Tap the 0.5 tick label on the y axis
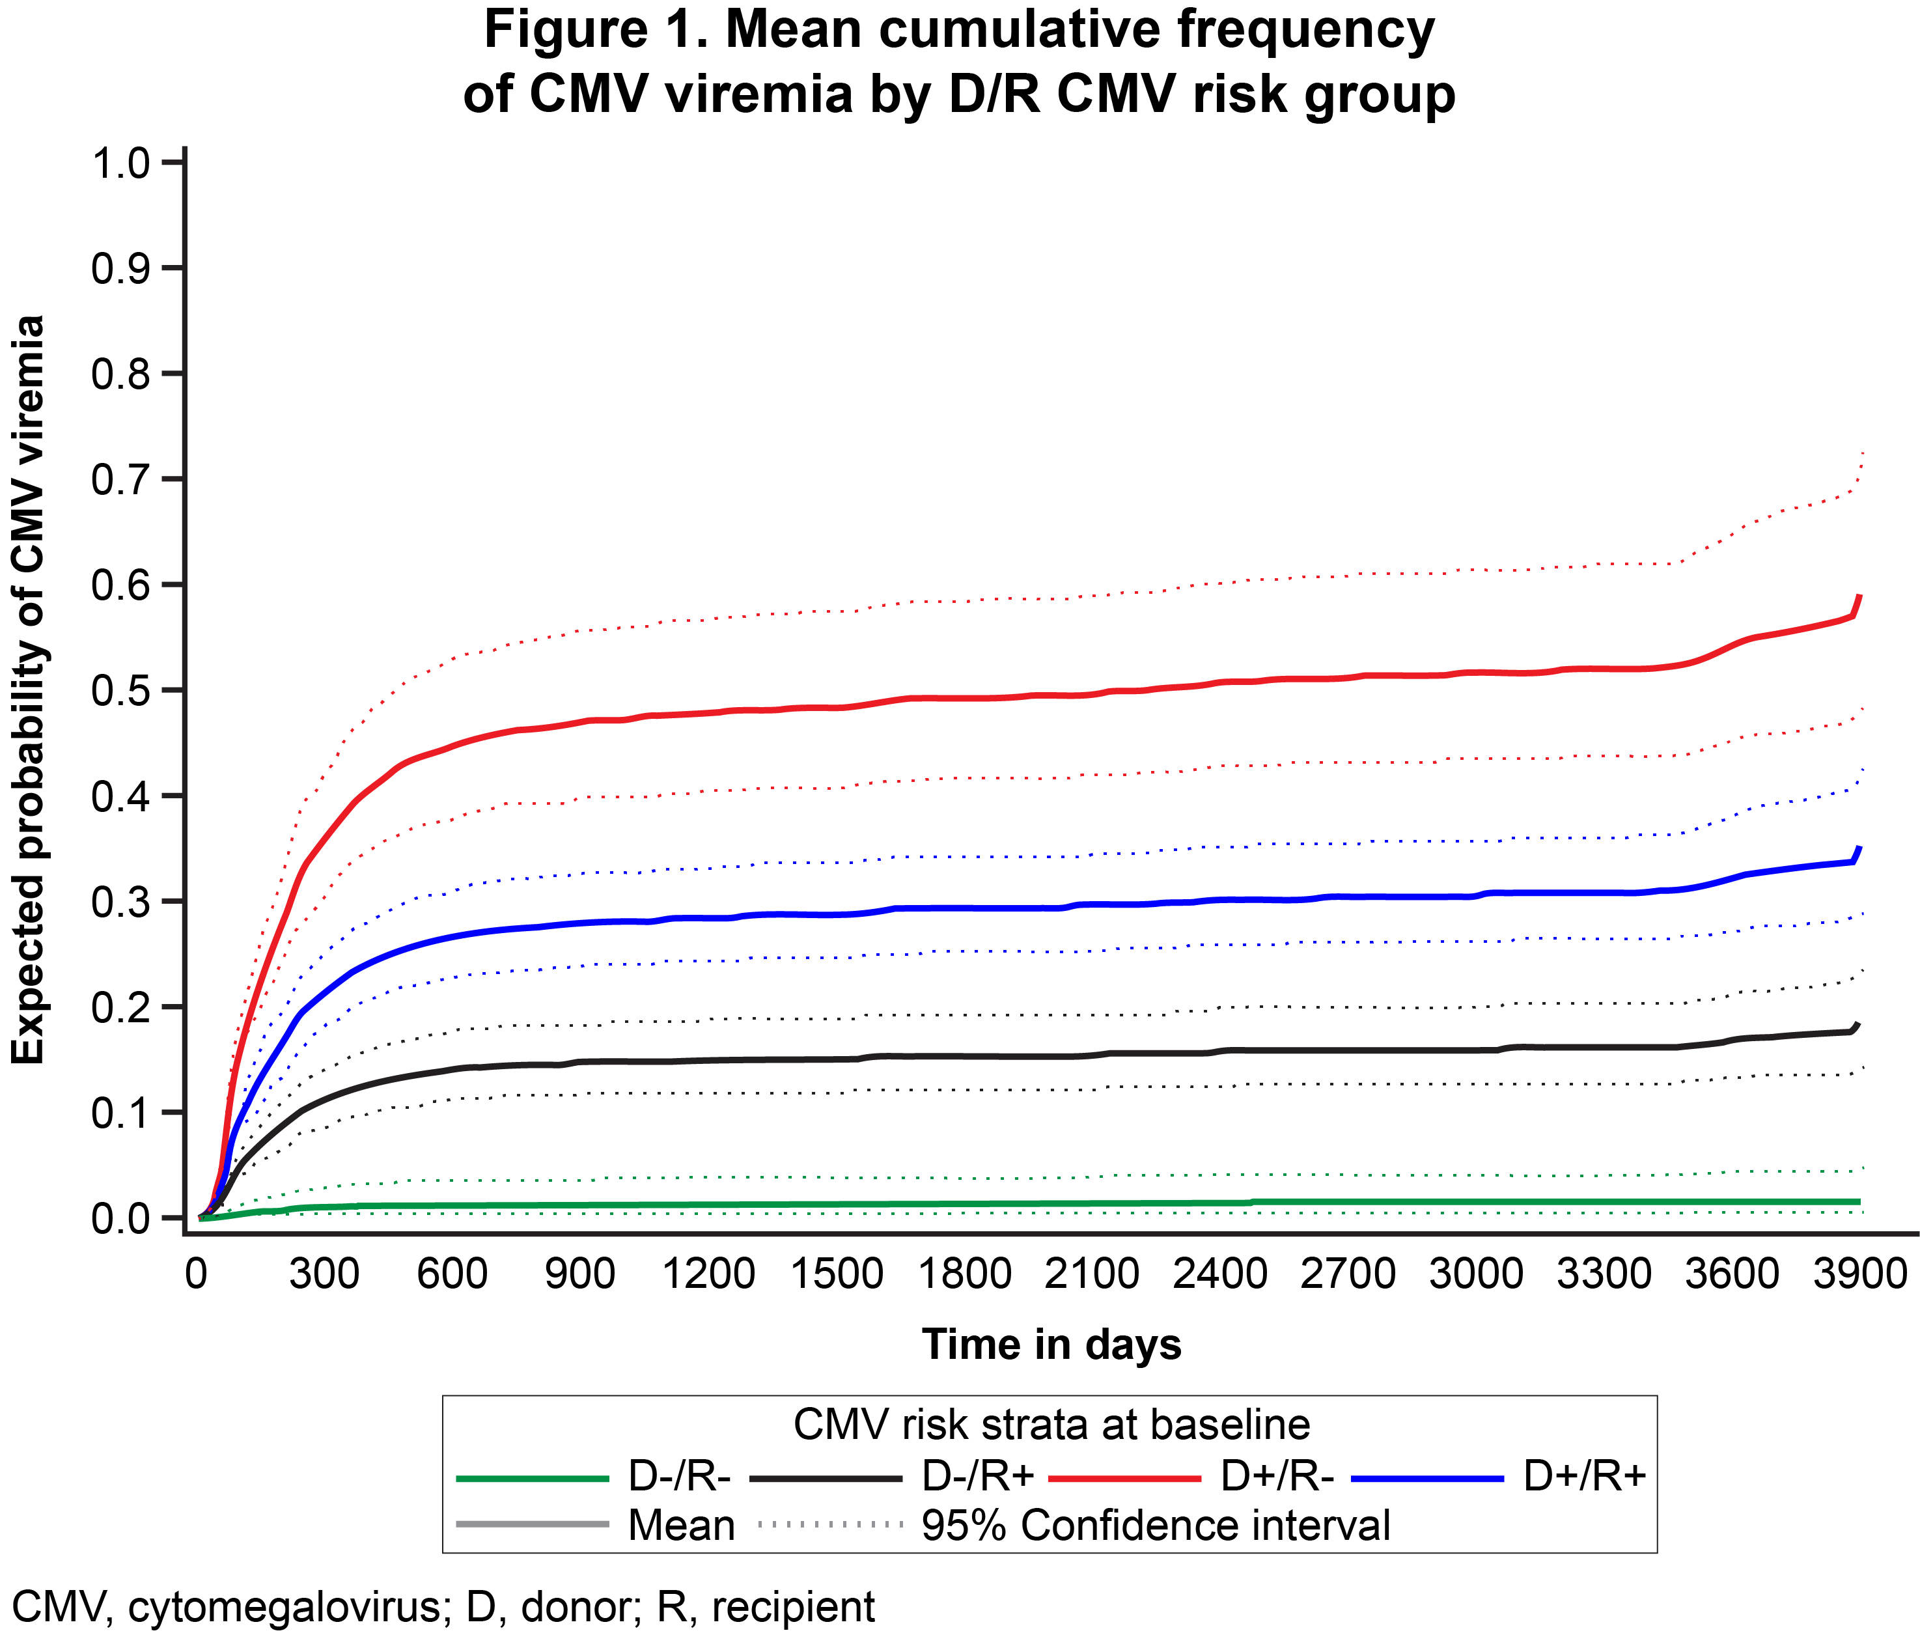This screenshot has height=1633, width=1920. pyautogui.click(x=120, y=691)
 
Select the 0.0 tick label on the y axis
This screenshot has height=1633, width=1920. pyautogui.click(x=120, y=1218)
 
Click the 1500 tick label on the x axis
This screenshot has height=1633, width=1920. pyautogui.click(x=836, y=1274)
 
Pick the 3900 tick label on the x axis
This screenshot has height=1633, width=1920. pyautogui.click(x=1859, y=1274)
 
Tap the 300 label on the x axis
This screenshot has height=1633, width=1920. pyautogui.click(x=324, y=1274)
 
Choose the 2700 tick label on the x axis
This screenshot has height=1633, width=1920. pyautogui.click(x=1348, y=1274)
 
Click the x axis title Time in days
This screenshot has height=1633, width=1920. pyautogui.click(x=1051, y=1344)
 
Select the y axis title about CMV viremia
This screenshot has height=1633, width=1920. pyautogui.click(x=28, y=690)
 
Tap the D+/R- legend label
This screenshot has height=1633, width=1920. pyautogui.click(x=1277, y=1475)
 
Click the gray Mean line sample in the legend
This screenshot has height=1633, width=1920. pyautogui.click(x=533, y=1524)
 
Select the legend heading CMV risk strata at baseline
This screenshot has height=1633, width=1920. pyautogui.click(x=1051, y=1425)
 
